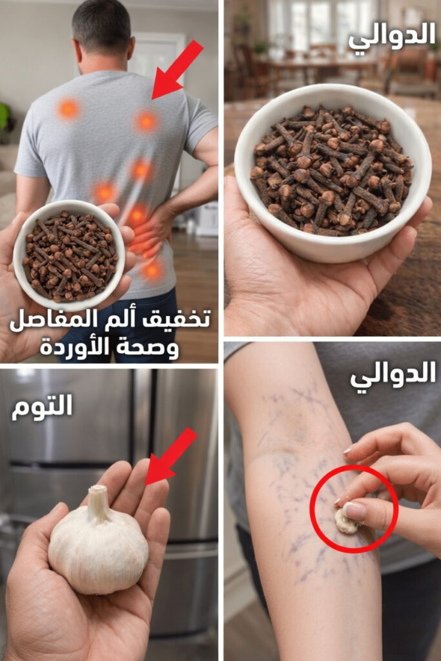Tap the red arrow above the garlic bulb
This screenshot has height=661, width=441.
tap(170, 457)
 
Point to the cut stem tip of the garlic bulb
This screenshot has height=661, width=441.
tap(97, 490)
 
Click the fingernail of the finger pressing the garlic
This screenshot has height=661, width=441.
tap(354, 511)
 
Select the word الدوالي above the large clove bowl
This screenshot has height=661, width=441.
tap(393, 36)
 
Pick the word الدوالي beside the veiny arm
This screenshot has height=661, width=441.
tap(393, 375)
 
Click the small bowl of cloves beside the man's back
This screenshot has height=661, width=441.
tap(69, 256)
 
